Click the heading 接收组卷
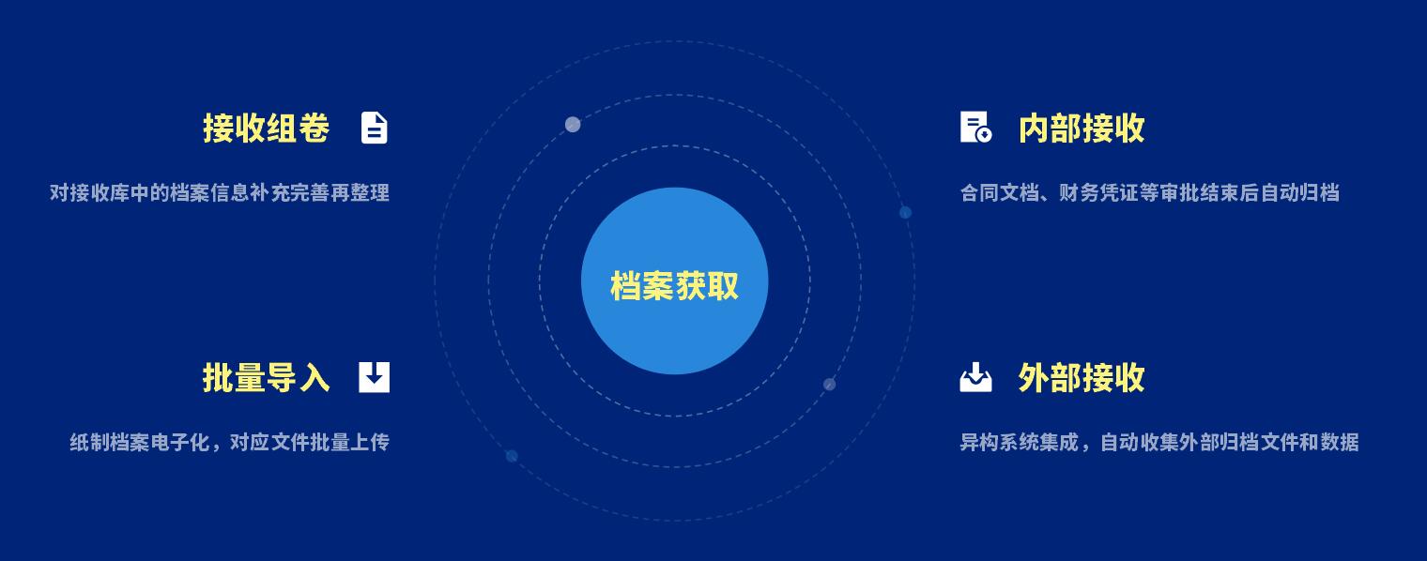tap(266, 129)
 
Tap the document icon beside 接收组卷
tap(375, 128)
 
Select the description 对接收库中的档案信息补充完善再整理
tap(220, 193)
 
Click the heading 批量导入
tap(266, 378)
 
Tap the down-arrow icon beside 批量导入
tap(374, 377)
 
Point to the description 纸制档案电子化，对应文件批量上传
tap(229, 442)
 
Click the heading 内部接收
tap(1082, 129)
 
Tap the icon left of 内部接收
tap(975, 128)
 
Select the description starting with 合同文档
tap(1149, 193)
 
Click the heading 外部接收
tap(1082, 378)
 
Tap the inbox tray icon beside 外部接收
tap(975, 377)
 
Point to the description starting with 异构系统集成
tap(1158, 442)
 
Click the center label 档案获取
tap(674, 286)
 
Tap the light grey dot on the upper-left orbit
tap(573, 125)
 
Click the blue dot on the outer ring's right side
tap(905, 213)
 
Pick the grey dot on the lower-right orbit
tap(829, 384)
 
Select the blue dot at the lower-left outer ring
tap(512, 457)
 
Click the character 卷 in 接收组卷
tap(315, 129)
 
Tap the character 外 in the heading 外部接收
tap(1034, 378)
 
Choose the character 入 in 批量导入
tap(315, 378)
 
